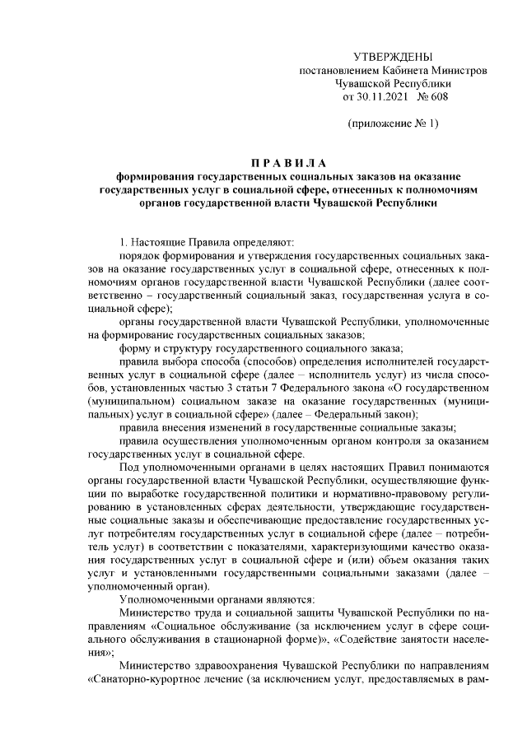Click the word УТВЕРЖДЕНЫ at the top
pyautogui.click(x=392, y=56)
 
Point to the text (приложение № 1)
pyautogui.click(x=392, y=123)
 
